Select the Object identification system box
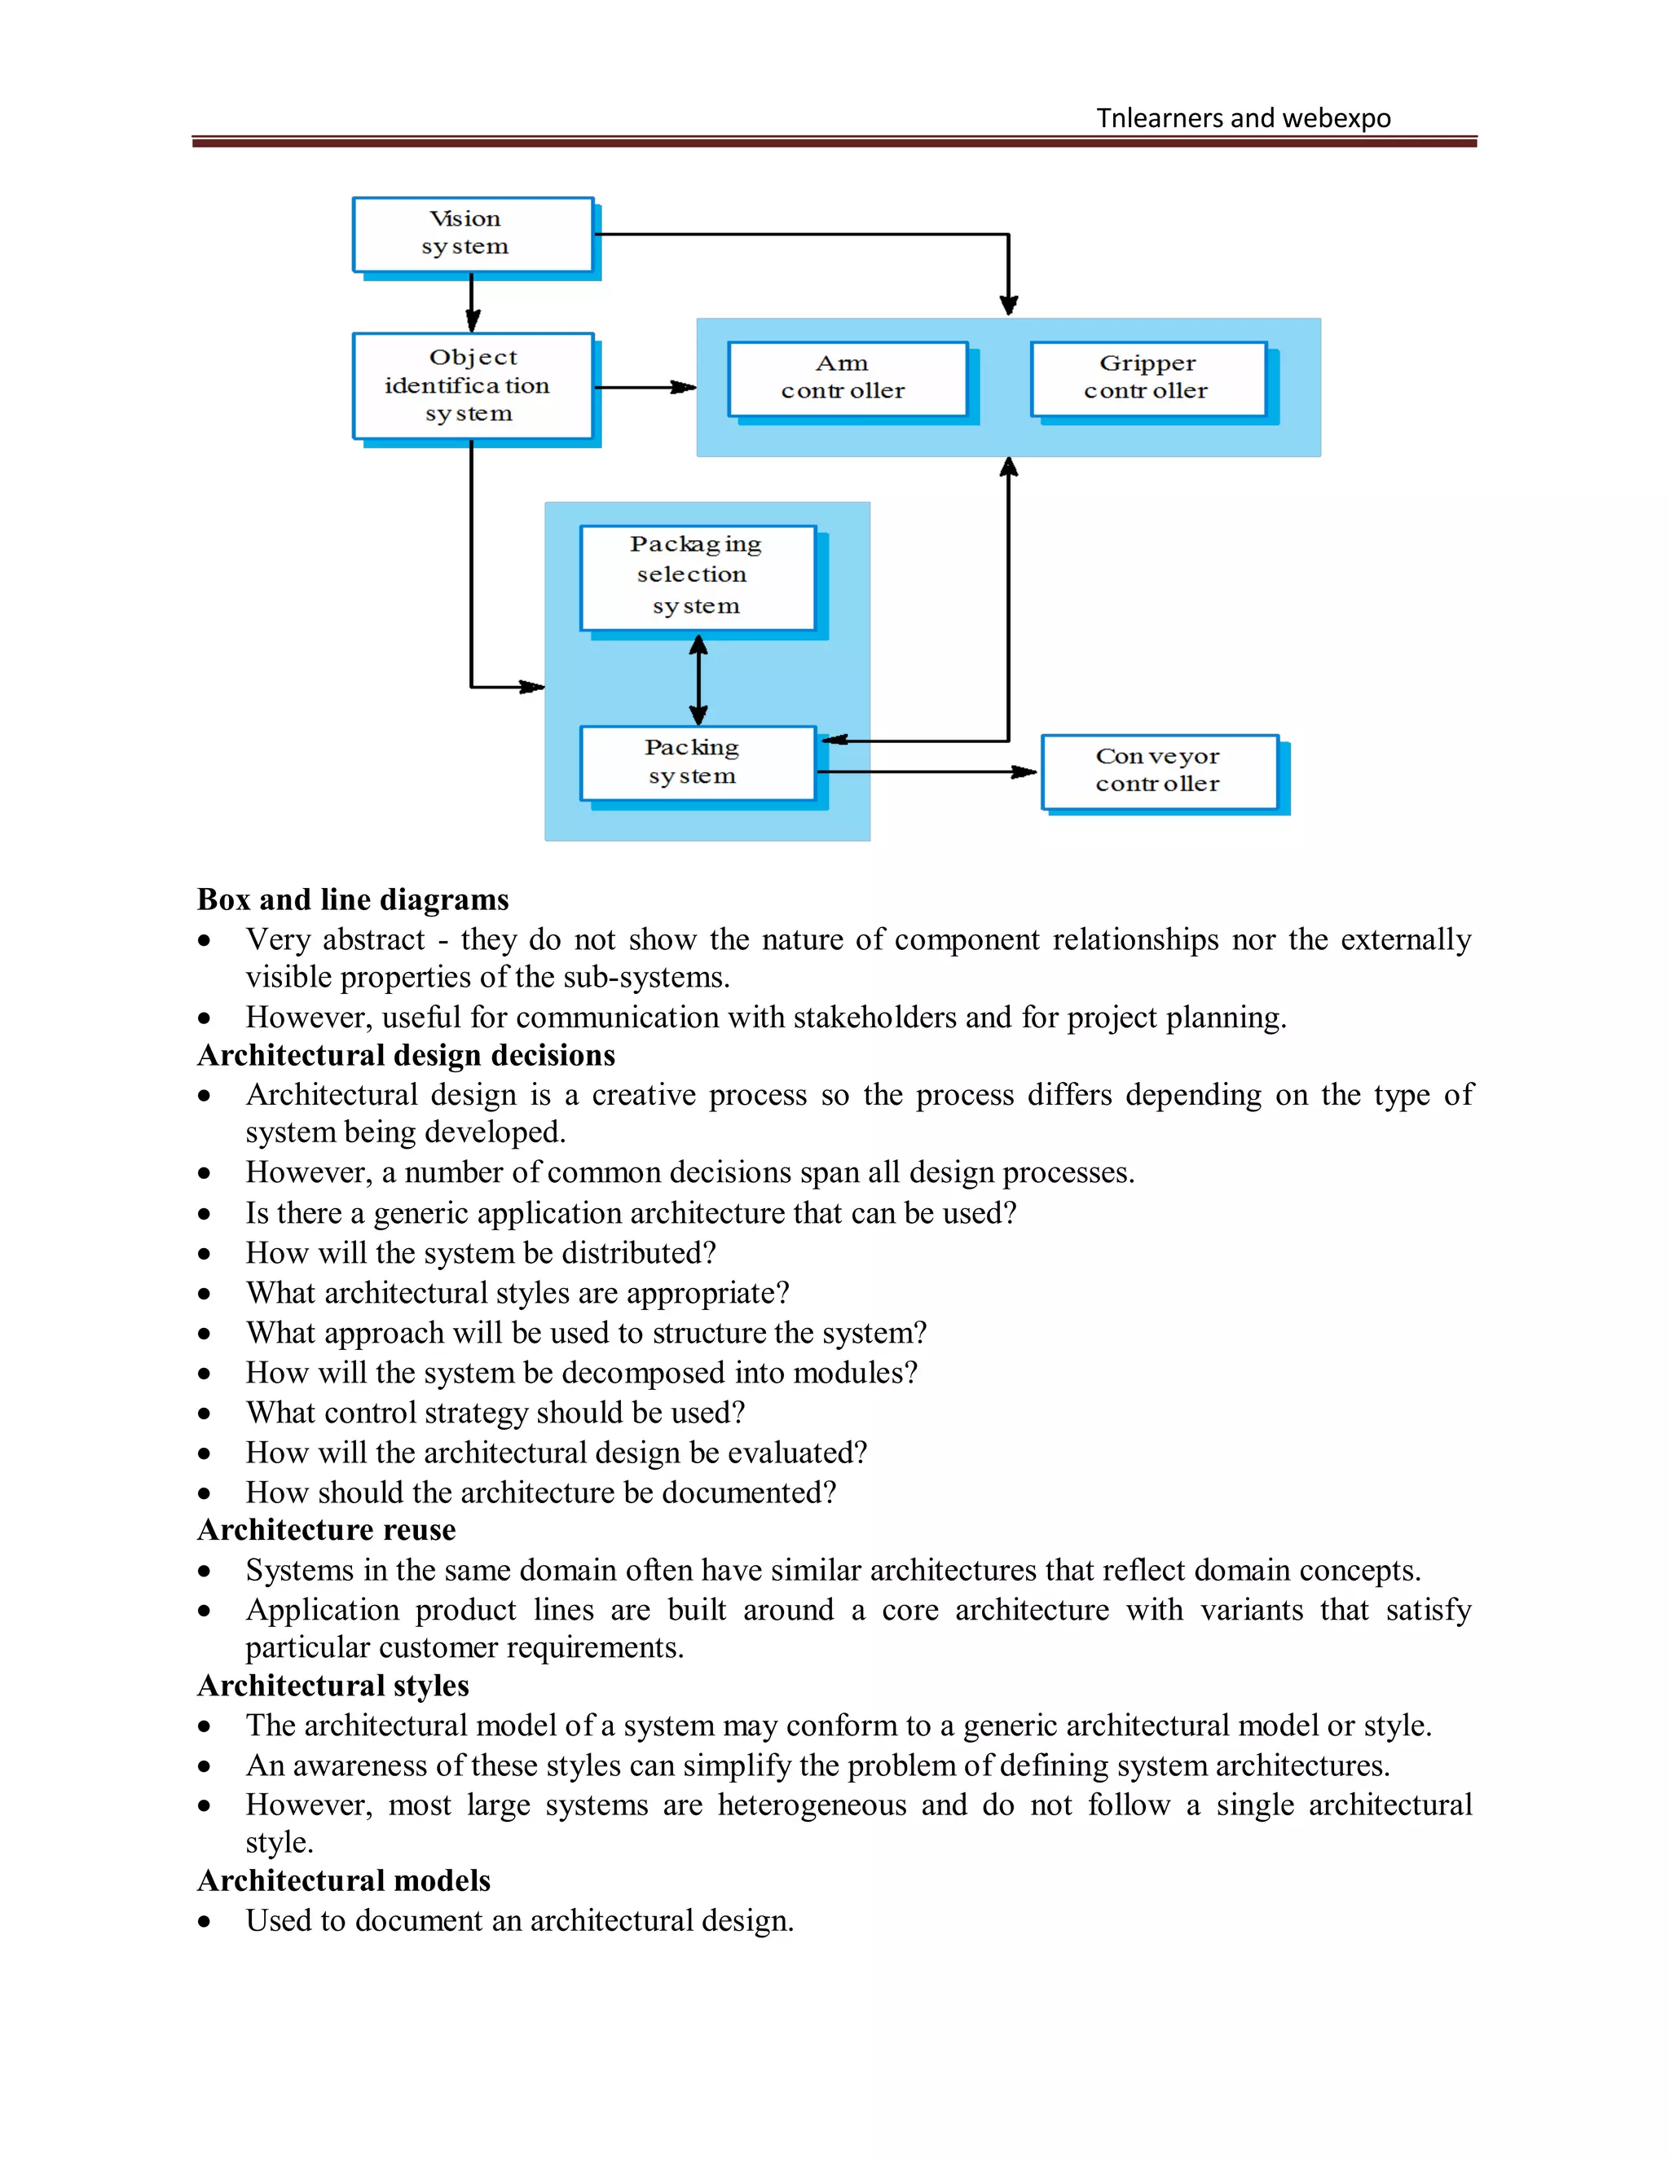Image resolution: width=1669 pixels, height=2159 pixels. (473, 385)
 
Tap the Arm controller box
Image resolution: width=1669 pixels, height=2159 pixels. (847, 378)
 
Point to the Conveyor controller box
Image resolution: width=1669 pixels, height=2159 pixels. (1159, 770)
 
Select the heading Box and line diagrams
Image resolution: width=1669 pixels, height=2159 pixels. (353, 899)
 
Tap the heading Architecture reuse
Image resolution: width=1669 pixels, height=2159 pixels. (326, 1530)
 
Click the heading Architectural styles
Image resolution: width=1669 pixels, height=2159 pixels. (333, 1686)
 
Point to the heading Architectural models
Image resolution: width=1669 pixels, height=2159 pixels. (344, 1880)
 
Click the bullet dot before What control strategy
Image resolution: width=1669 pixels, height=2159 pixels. (205, 1414)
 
